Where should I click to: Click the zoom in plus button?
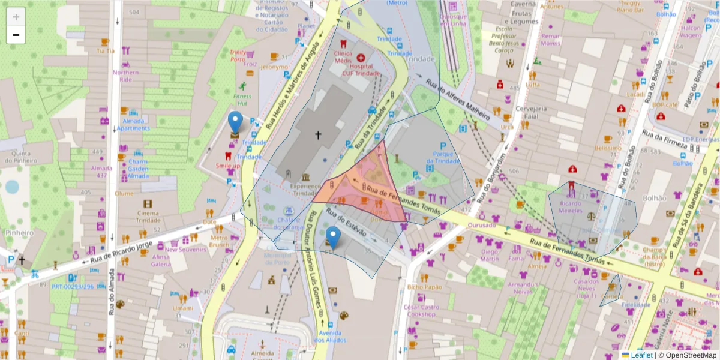coord(16,17)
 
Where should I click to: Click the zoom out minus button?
coord(16,35)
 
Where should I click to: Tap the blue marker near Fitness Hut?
coord(236,122)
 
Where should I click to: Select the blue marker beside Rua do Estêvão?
coord(332,238)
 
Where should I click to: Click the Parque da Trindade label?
coord(443,157)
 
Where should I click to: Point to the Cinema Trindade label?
coord(148,217)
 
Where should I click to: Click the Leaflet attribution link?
coord(641,355)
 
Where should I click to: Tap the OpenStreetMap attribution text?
coord(689,355)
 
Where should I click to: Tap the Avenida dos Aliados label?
coord(328,337)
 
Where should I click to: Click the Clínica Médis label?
coord(343,57)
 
